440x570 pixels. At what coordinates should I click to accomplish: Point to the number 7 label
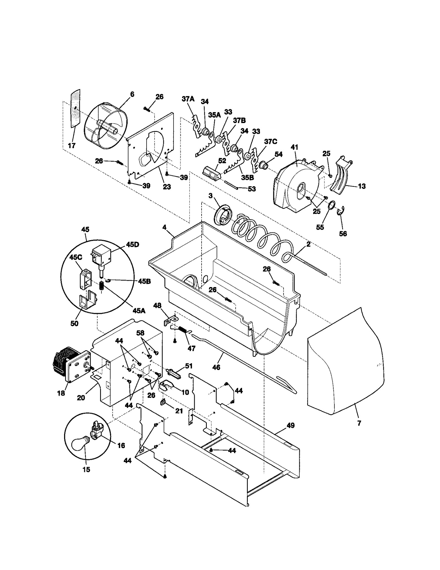359,423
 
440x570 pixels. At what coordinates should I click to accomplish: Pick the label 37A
188,99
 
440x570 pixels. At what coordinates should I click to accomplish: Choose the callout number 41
294,147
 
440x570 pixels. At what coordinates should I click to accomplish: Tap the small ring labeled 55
331,205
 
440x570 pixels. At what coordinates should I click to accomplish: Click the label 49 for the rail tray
290,425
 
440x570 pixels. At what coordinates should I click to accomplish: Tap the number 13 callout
362,186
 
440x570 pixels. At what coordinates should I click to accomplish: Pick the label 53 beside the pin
252,189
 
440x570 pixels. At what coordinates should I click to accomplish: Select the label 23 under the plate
167,187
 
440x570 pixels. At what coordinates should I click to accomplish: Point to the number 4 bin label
164,227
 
